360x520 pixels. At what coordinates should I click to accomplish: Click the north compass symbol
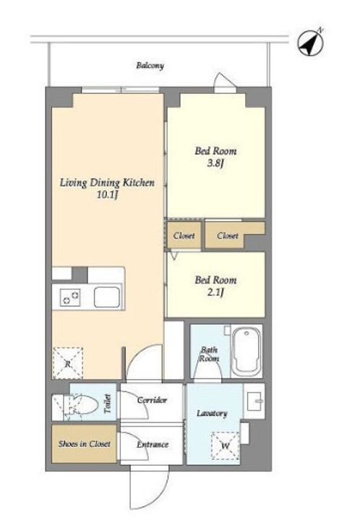(310, 42)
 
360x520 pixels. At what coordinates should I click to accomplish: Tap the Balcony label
(150, 65)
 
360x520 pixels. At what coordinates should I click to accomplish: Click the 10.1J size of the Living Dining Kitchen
(108, 195)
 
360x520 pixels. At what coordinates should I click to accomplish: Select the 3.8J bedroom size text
(215, 163)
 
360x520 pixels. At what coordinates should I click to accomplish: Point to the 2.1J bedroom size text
(215, 292)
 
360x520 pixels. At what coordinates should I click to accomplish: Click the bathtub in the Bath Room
(247, 352)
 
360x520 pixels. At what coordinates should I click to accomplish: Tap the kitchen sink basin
(107, 297)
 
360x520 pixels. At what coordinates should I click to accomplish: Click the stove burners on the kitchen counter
(70, 297)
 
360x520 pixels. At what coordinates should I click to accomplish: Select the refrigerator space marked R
(68, 363)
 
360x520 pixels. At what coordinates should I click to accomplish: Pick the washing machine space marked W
(226, 446)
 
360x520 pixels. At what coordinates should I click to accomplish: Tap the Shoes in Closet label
(85, 443)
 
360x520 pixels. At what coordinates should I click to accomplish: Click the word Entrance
(153, 444)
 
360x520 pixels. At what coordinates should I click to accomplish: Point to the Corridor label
(152, 400)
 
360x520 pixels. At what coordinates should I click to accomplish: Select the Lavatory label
(212, 413)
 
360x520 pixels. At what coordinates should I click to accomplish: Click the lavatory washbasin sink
(254, 401)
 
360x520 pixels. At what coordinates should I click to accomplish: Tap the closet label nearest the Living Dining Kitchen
(184, 235)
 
